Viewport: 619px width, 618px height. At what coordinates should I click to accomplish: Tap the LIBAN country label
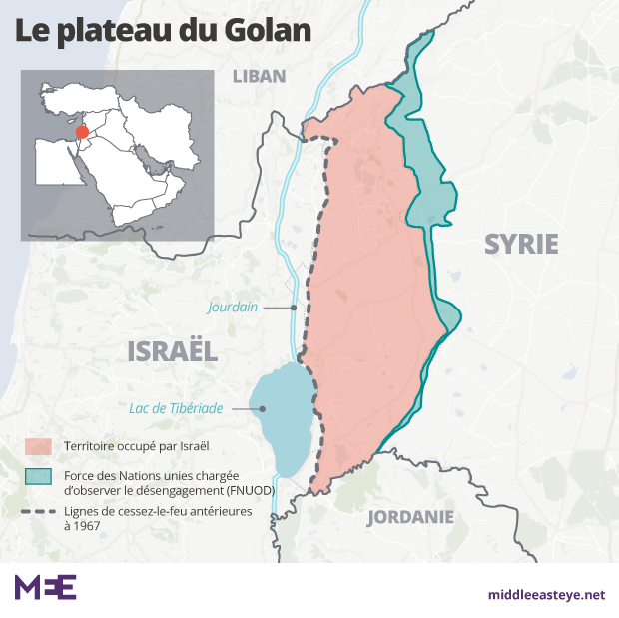(x=259, y=76)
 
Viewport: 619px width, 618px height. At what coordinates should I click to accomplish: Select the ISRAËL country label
(x=173, y=350)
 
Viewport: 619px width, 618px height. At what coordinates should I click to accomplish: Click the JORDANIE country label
(x=410, y=517)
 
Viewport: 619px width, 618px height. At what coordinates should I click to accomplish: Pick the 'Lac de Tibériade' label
(x=176, y=408)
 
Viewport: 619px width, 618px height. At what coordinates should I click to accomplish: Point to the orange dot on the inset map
(x=83, y=134)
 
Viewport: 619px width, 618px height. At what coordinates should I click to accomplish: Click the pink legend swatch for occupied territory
(x=38, y=445)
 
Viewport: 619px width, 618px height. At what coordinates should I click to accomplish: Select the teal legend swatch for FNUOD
(x=38, y=477)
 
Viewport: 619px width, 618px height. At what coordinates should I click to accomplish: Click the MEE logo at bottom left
(x=45, y=587)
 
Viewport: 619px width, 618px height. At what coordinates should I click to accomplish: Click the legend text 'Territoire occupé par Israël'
(x=136, y=445)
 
